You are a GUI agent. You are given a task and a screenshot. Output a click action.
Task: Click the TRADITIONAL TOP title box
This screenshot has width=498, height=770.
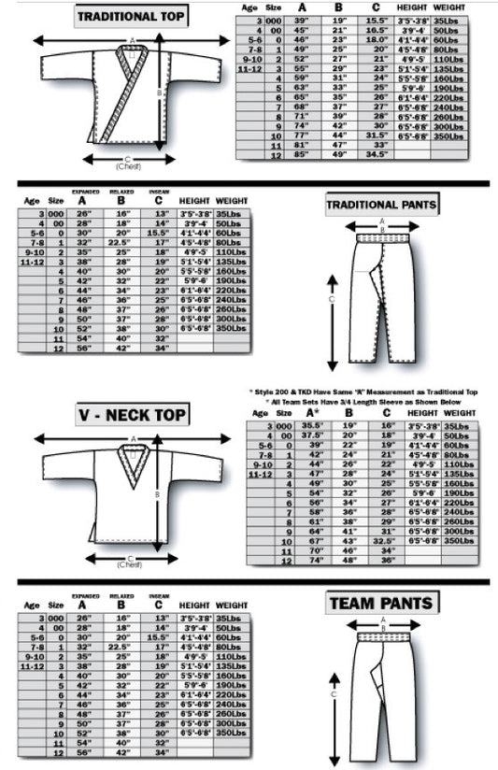pyautogui.click(x=130, y=16)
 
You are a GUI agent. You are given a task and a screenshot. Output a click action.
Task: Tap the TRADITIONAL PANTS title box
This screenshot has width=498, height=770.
pyautogui.click(x=381, y=204)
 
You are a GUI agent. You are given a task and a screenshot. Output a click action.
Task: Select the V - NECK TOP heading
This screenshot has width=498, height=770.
pyautogui.click(x=130, y=414)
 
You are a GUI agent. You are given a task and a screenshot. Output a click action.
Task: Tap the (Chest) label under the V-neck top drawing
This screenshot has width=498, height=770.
pyautogui.click(x=130, y=564)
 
